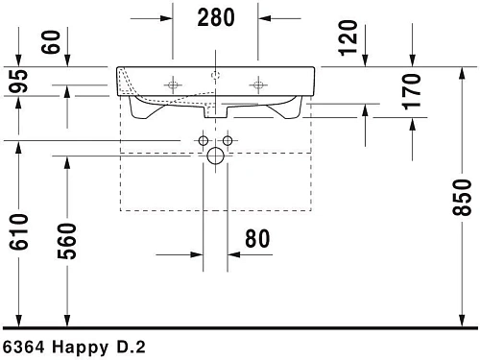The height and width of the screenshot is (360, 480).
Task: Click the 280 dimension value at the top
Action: coord(216,16)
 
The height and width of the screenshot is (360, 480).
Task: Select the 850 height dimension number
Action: coord(465,198)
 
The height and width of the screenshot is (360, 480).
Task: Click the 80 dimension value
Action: coord(257,239)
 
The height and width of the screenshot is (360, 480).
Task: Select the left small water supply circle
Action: coord(204,141)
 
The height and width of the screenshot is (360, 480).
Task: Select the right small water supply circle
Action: coord(228,141)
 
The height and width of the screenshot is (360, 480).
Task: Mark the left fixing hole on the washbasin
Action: coord(174,84)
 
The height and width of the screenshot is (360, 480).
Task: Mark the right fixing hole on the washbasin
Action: coord(257,84)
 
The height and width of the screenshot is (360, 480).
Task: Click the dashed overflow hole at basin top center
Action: coord(216,73)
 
